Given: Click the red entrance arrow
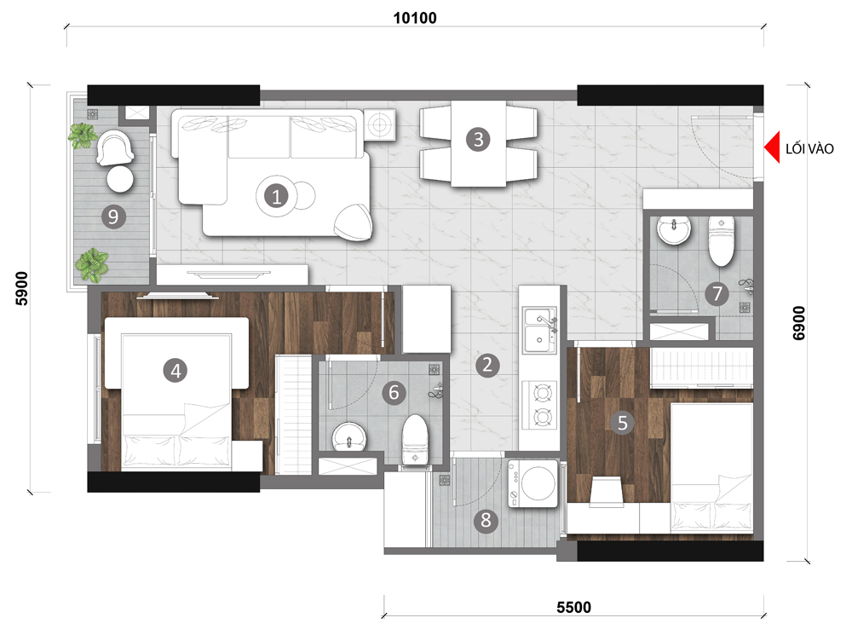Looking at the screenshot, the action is (x=772, y=147).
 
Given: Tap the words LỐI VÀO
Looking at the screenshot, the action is (x=809, y=148).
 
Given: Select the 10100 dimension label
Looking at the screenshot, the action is (x=415, y=18).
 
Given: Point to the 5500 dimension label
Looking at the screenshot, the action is (x=573, y=607).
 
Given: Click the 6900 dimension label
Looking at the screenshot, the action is (x=798, y=324).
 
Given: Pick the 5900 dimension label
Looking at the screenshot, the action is (x=21, y=289).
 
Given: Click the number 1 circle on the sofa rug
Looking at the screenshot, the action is (x=276, y=196).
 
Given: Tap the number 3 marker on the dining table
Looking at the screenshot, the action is (x=478, y=139).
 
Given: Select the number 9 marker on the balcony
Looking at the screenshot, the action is (x=113, y=217).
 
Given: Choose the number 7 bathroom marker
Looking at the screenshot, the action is (x=717, y=293).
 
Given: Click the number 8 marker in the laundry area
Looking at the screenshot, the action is (x=486, y=520).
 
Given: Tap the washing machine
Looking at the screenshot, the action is (x=533, y=483).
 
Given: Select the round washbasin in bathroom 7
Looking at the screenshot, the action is (x=674, y=230).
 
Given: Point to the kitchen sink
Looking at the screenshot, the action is (x=539, y=330).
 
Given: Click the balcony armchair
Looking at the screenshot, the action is (x=115, y=147).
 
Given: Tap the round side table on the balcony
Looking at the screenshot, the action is (x=119, y=179).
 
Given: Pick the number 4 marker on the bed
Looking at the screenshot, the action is (x=176, y=371).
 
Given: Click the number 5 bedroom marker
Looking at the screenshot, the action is (x=623, y=423).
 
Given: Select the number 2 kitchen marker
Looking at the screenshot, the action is (x=487, y=365).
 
